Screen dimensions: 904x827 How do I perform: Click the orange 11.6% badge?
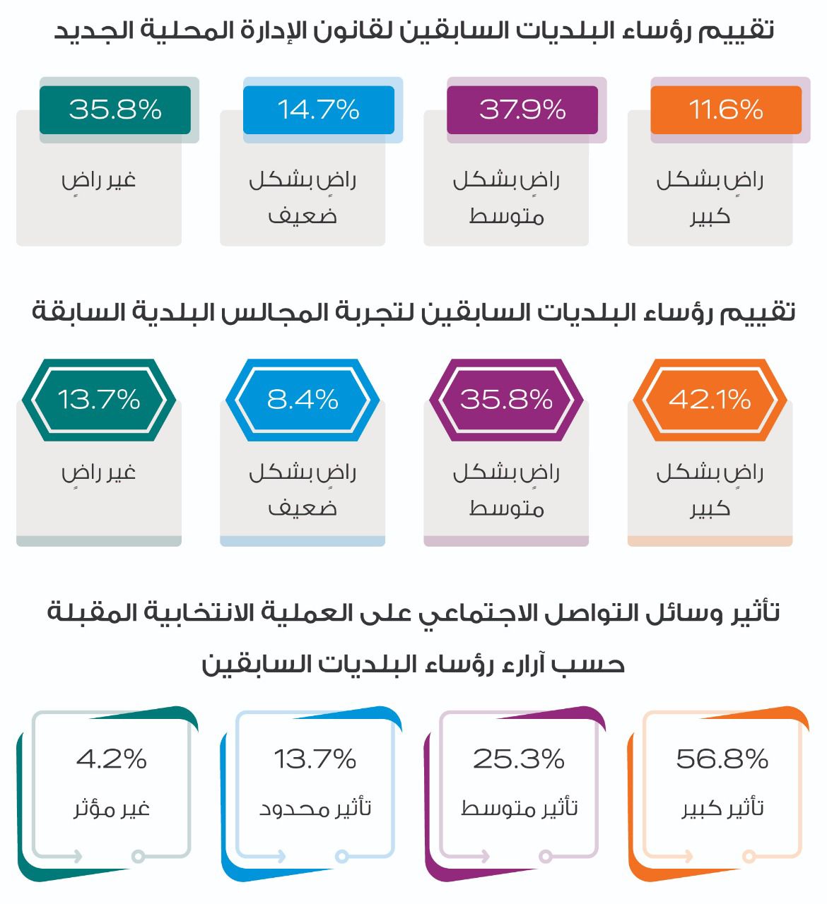pyautogui.click(x=726, y=110)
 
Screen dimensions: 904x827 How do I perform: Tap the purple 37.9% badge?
pyautogui.click(x=522, y=110)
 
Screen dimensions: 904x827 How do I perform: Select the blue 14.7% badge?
pyautogui.click(x=319, y=110)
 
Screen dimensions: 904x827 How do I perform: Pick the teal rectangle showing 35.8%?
pyautogui.click(x=115, y=110)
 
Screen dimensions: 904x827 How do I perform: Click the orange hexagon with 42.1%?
pyautogui.click(x=710, y=400)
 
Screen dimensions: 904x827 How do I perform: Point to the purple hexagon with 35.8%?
pyautogui.click(x=506, y=400)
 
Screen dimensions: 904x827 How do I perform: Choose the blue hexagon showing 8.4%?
pyautogui.click(x=303, y=400)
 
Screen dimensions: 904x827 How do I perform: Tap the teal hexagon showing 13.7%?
pyautogui.click(x=99, y=400)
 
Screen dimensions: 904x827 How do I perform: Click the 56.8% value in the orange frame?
pyautogui.click(x=722, y=759)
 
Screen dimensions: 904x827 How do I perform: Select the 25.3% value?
pyautogui.click(x=518, y=759)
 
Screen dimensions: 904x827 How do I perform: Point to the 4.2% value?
pyautogui.click(x=112, y=759)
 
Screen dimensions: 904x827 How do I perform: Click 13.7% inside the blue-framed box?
pyautogui.click(x=315, y=759)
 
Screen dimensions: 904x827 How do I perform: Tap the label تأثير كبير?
pyautogui.click(x=722, y=808)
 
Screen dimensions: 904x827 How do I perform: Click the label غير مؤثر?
pyautogui.click(x=112, y=809)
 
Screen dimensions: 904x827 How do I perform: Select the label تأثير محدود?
pyautogui.click(x=315, y=808)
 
